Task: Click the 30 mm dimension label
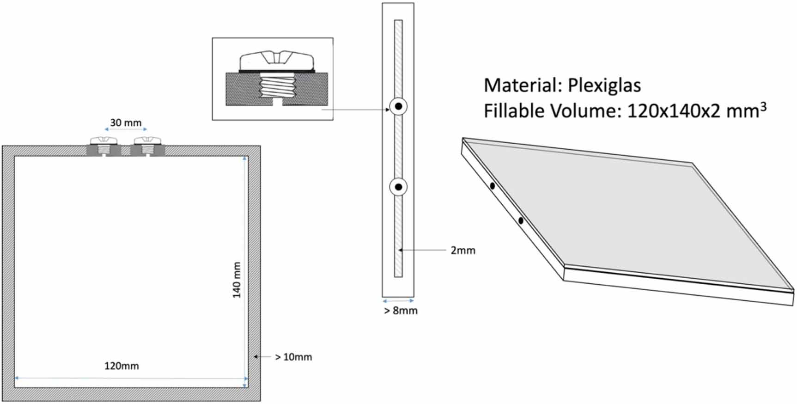click(126, 123)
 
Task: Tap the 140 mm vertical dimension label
click(237, 280)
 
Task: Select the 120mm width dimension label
click(122, 366)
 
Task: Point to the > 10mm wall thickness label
click(293, 357)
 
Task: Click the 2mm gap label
click(463, 251)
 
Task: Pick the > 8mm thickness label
click(401, 311)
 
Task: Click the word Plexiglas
click(604, 86)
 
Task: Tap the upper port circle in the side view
click(398, 107)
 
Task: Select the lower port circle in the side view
click(398, 187)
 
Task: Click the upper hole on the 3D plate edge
click(493, 186)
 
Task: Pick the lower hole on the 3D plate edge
click(521, 221)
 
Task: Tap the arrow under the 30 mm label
click(126, 130)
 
